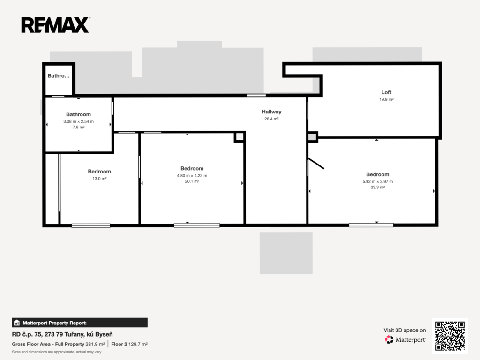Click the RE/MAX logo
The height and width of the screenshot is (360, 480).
coord(55,25)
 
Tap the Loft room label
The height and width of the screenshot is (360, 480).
coord(386,92)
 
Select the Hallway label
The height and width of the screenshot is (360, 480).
coord(271,112)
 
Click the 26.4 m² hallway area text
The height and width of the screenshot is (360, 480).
coord(271,119)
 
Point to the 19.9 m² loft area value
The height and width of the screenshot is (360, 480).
coord(386,99)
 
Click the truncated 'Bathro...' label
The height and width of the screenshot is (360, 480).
coord(59,76)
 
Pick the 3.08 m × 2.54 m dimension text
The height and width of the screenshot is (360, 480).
coord(79,121)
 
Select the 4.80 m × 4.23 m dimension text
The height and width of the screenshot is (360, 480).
coord(192,176)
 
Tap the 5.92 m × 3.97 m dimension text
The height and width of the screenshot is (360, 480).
coord(378,181)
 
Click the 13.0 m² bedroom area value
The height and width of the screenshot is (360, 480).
coord(99,179)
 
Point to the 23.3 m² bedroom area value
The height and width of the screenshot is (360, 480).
coord(378,187)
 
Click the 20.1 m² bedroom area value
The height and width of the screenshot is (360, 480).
coord(192,181)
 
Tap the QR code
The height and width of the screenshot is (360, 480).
coord(450,336)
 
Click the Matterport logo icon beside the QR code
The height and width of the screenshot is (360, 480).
coord(389,339)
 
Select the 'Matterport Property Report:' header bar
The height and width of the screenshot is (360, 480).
coord(80,322)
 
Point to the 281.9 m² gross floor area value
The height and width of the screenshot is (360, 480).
coord(95,344)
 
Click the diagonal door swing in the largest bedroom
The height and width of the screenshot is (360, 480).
coord(315,164)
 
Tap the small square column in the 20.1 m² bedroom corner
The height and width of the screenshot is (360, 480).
coord(240,137)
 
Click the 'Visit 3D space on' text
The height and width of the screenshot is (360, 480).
coord(405,330)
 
